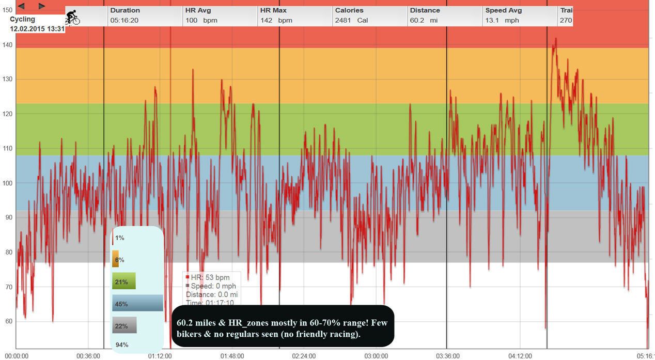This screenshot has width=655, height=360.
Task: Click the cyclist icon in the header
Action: (x=72, y=18)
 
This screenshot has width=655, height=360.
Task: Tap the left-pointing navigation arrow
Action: (x=21, y=6)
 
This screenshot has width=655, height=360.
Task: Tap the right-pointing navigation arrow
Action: (x=42, y=6)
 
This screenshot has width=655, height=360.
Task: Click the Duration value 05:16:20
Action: (x=124, y=21)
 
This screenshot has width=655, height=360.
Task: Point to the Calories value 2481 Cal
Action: (x=351, y=21)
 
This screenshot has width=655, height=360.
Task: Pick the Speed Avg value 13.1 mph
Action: (x=502, y=21)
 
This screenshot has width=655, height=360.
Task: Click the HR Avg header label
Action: (x=198, y=10)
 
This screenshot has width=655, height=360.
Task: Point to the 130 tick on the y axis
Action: (x=7, y=79)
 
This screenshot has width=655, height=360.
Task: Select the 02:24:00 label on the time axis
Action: (x=304, y=356)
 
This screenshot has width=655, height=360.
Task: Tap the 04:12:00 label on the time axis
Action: (x=520, y=356)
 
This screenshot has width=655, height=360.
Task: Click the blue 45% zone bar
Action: (x=137, y=303)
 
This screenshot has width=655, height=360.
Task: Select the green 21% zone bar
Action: (x=124, y=281)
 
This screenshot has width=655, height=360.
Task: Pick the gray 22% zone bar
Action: (x=124, y=325)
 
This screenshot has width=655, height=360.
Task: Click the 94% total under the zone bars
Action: (x=122, y=345)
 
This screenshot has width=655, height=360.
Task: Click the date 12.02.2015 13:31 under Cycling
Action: (x=37, y=29)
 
